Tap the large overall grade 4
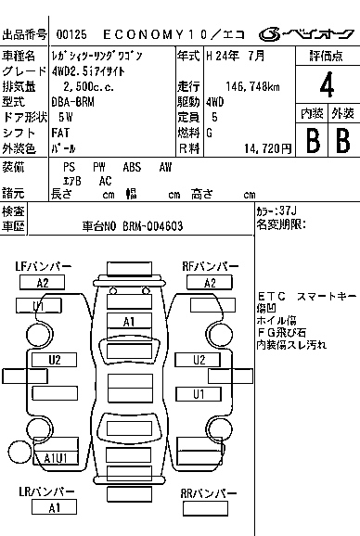pyautogui.click(x=326, y=84)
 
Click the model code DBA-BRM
pyautogui.click(x=72, y=102)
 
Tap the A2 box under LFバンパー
pyautogui.click(x=43, y=283)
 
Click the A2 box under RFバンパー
pyautogui.click(x=210, y=283)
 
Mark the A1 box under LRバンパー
pyautogui.click(x=55, y=507)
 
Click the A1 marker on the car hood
pyautogui.click(x=130, y=321)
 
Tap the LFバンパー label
pyautogui.click(x=43, y=267)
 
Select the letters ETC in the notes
pyautogui.click(x=271, y=297)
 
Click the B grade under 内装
pyautogui.click(x=313, y=141)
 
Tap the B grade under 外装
pyautogui.click(x=342, y=141)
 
